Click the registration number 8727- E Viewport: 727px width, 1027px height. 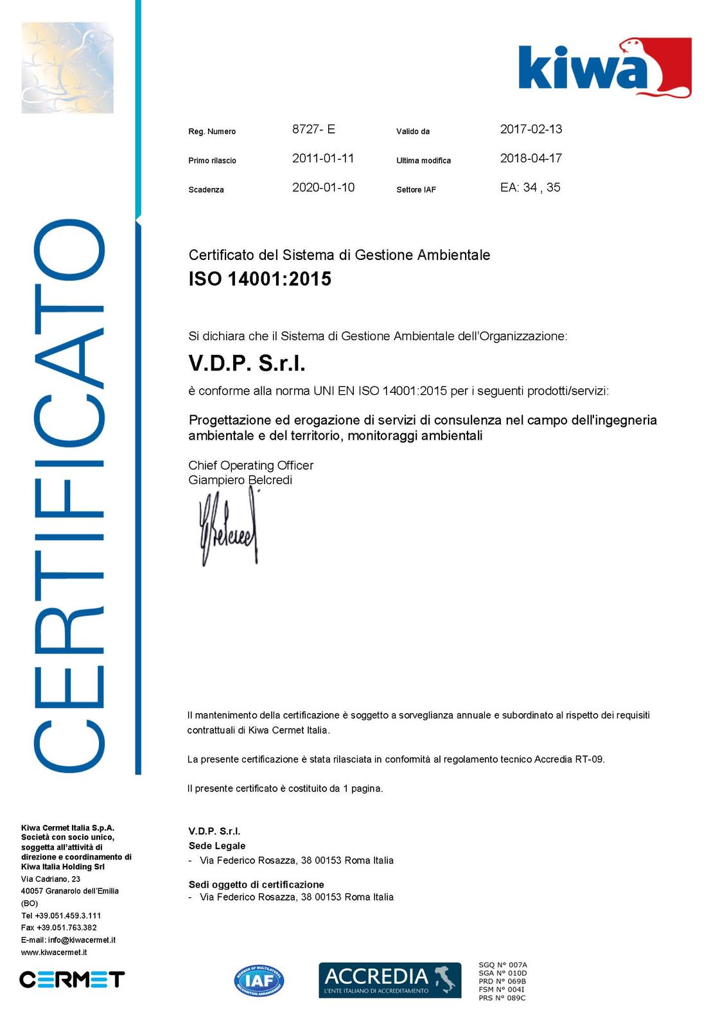click(x=313, y=129)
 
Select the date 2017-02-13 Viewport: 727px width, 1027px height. click(x=530, y=129)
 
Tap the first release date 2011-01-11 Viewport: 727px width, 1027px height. click(x=323, y=158)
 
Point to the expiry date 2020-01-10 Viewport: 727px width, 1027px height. click(x=323, y=187)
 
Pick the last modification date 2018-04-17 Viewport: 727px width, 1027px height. click(x=530, y=158)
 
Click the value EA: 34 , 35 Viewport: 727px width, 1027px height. click(x=530, y=187)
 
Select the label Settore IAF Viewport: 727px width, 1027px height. click(x=416, y=190)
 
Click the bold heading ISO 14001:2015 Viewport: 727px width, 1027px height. click(x=259, y=279)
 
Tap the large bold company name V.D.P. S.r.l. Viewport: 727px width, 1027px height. click(x=247, y=363)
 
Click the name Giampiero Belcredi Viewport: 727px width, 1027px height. click(x=240, y=480)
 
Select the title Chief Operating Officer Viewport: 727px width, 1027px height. click(x=250, y=465)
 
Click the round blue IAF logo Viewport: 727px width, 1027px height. click(x=259, y=980)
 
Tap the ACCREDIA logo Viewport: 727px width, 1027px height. click(x=389, y=980)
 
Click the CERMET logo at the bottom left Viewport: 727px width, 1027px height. click(x=72, y=980)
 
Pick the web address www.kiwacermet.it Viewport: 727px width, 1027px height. click(x=54, y=953)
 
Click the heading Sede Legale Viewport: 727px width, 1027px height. click(x=216, y=846)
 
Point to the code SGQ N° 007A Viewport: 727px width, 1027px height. click(x=502, y=965)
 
